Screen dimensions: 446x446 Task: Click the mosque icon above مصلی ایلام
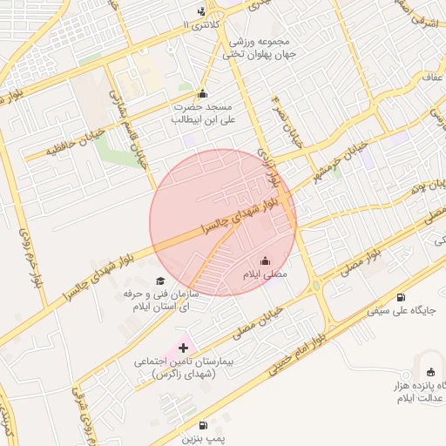tap(266, 261)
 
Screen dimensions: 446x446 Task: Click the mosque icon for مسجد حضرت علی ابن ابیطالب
tap(203, 94)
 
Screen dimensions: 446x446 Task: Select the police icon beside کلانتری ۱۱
tap(202, 11)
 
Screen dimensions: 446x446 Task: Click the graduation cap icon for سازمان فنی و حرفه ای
tap(159, 280)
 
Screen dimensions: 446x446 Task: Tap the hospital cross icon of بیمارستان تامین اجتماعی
tap(182, 348)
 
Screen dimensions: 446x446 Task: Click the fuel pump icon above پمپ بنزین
tap(203, 425)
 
